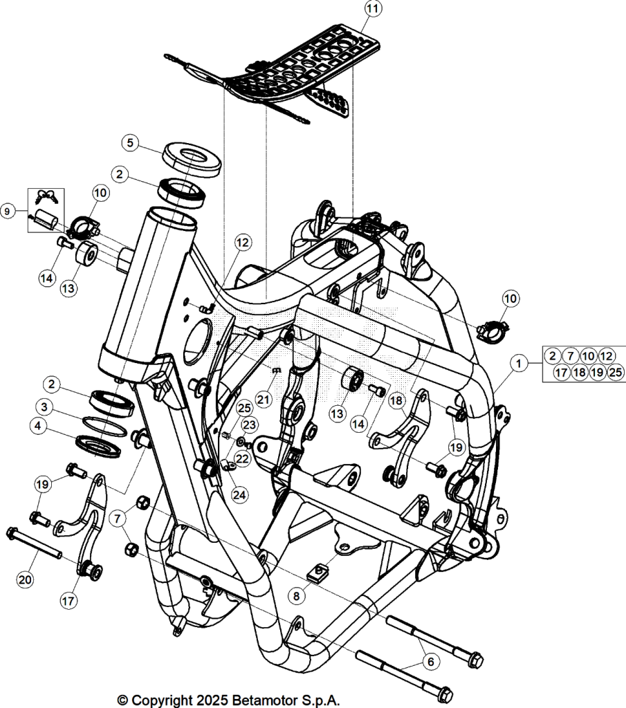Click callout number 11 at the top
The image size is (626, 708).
[373, 8]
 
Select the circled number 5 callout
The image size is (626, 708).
[130, 143]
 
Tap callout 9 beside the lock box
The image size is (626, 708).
[7, 211]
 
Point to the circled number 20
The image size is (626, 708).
[26, 579]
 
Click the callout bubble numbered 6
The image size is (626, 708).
[430, 662]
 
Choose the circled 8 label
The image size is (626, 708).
[296, 596]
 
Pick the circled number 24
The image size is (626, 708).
[239, 495]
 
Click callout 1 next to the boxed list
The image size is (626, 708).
[519, 363]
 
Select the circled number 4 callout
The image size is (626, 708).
[38, 426]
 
